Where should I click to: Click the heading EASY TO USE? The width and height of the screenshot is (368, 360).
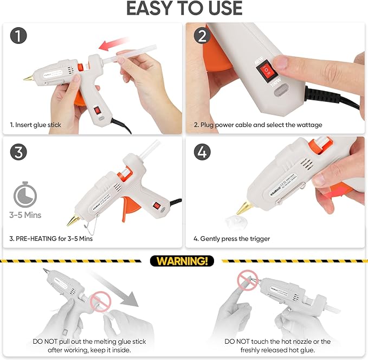[x=184, y=9]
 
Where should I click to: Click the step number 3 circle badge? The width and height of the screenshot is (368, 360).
[x=20, y=152]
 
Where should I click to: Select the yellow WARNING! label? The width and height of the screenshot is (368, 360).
[x=182, y=261]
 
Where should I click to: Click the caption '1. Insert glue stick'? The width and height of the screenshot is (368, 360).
[x=36, y=125]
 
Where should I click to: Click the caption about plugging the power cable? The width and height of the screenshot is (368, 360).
[x=258, y=125]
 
